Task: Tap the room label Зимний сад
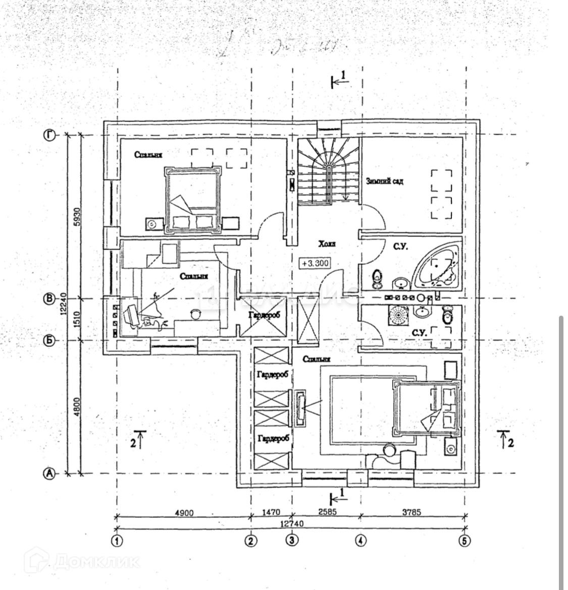384,181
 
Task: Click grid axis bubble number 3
292,541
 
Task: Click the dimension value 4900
184,512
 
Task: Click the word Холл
327,244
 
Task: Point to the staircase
328,171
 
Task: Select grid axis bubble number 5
464,541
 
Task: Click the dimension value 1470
271,512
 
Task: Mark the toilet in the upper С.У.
377,277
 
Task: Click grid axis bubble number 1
117,541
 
